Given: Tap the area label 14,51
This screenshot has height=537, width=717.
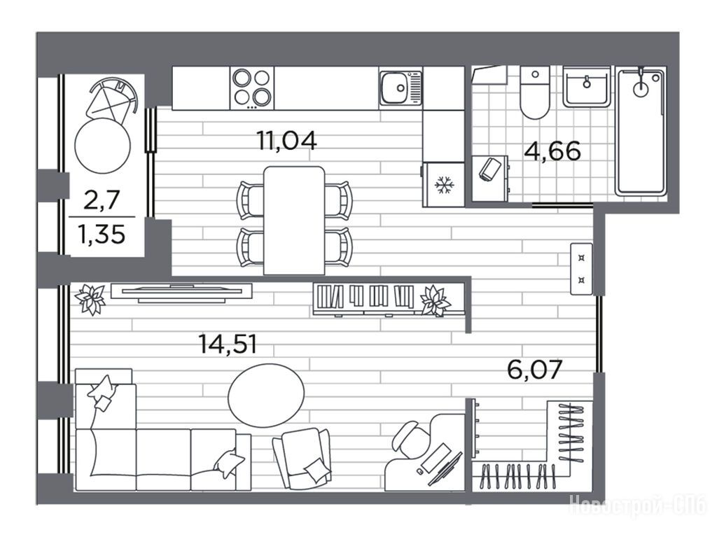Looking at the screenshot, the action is [228, 344].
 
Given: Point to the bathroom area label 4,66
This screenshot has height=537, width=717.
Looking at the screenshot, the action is [552, 151].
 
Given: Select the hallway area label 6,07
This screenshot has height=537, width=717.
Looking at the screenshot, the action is [534, 370].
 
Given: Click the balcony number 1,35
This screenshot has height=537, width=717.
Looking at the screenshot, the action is [102, 235].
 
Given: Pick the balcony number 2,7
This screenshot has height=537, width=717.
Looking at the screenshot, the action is [102, 200].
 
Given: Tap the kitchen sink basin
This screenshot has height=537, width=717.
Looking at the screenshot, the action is [395, 87].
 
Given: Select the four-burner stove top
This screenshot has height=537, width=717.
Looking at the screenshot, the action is [252, 88].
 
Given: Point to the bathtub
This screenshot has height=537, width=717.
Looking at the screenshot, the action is [641, 132].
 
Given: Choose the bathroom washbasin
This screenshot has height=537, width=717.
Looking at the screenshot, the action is [587, 86].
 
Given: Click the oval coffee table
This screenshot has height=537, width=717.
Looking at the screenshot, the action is [266, 395].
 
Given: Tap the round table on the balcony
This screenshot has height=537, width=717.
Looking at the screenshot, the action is [102, 146].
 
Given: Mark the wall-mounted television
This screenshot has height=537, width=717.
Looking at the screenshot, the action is [181, 293].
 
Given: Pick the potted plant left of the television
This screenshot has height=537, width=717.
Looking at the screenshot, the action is [91, 300].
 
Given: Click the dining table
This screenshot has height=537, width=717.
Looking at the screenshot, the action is [295, 221].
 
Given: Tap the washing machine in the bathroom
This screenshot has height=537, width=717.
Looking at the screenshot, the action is [489, 179].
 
